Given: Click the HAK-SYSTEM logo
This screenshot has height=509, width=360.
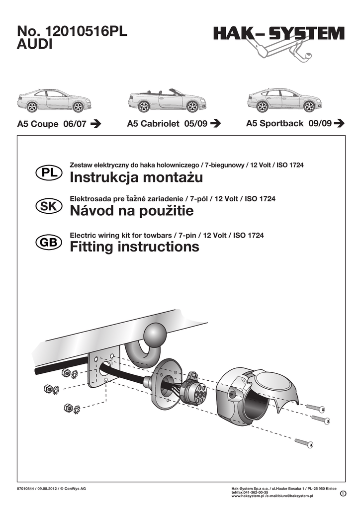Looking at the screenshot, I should (x=279, y=34).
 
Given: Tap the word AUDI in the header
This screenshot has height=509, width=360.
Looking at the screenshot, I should (x=35, y=45).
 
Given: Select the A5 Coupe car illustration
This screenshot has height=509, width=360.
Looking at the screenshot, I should (x=54, y=100).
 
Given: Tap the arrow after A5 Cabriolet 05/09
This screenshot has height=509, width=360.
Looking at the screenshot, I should (x=215, y=124).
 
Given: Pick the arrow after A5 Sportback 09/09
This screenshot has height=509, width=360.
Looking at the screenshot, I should (x=340, y=123).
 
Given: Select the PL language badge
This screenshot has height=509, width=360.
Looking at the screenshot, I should (x=48, y=172).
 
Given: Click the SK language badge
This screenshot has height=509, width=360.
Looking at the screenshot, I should (x=48, y=207).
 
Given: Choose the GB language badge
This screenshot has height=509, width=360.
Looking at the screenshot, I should (x=48, y=242).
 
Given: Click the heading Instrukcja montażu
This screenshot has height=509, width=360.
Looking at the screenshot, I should (x=136, y=177).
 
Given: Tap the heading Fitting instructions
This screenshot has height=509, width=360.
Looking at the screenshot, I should (x=134, y=247).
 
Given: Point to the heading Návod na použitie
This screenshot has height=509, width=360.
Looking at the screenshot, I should (x=131, y=212).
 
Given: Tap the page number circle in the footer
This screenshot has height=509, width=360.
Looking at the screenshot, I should (x=343, y=494).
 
